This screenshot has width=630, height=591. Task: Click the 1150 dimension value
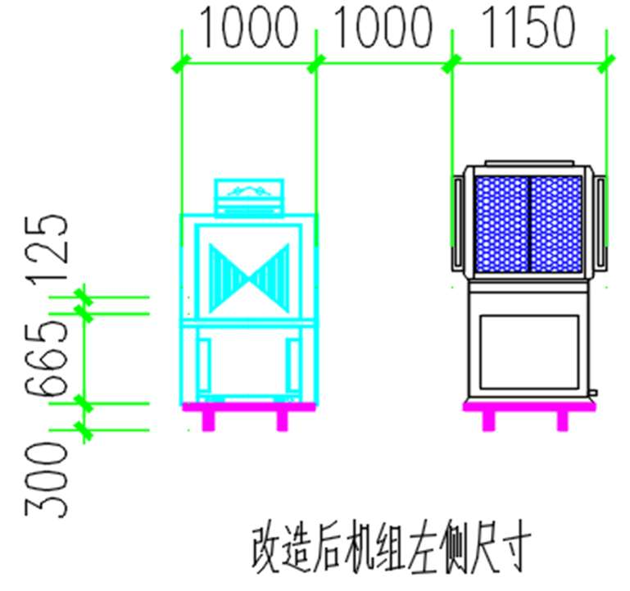pos(528,27)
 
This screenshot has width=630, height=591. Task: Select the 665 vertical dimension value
pos(47,359)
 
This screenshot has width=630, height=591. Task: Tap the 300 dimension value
pos(47,480)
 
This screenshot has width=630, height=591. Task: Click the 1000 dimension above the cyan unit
pos(249,27)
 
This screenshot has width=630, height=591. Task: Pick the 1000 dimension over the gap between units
pos(383,27)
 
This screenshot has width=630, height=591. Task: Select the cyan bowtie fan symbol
pos(249,278)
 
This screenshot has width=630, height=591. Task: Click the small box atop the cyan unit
pos(249,197)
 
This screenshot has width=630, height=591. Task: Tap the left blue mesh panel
pos(501,224)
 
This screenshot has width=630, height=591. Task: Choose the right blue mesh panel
pos(556,224)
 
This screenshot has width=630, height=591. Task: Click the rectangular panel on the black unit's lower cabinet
pos(529,352)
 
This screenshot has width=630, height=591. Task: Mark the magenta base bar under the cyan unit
pos(249,407)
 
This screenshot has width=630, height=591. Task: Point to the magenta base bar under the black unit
pos(529,407)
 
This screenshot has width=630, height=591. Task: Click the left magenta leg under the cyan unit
pos(208,421)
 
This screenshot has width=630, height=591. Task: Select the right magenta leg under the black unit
pos(563,421)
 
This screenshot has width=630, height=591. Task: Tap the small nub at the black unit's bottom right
pos(593,393)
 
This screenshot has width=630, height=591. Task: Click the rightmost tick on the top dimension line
pos(606,64)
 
